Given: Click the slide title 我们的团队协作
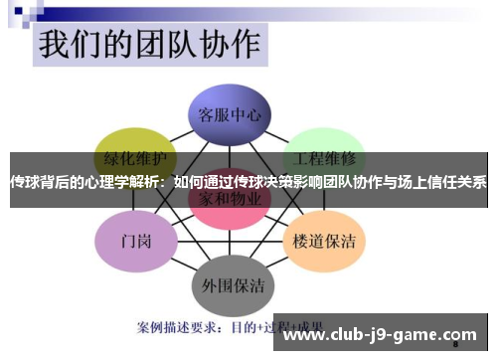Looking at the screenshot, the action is (x=149, y=46).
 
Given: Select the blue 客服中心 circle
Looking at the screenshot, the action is (x=230, y=115).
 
